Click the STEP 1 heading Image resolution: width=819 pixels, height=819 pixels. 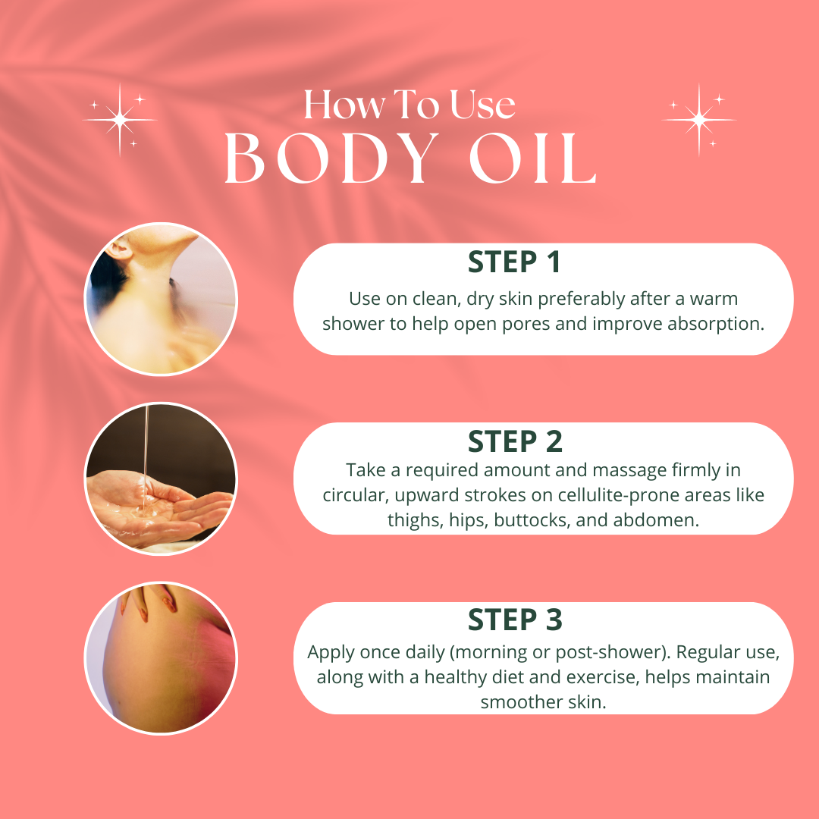click(515, 262)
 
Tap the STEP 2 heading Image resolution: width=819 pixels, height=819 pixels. click(515, 441)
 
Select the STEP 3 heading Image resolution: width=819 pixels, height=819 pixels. click(515, 620)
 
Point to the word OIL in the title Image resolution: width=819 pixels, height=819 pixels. click(532, 161)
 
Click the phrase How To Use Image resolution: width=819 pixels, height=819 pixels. click(409, 105)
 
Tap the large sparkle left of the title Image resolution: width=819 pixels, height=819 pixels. click(119, 119)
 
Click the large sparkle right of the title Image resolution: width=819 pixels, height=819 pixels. click(698, 119)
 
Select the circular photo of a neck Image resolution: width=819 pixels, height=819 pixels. click(161, 299)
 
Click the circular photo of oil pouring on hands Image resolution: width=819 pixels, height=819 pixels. click(161, 479)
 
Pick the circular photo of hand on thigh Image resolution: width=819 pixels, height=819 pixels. click(161, 657)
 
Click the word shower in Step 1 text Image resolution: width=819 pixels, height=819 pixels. click(355, 323)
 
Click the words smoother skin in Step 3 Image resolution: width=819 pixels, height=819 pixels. click(543, 701)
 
